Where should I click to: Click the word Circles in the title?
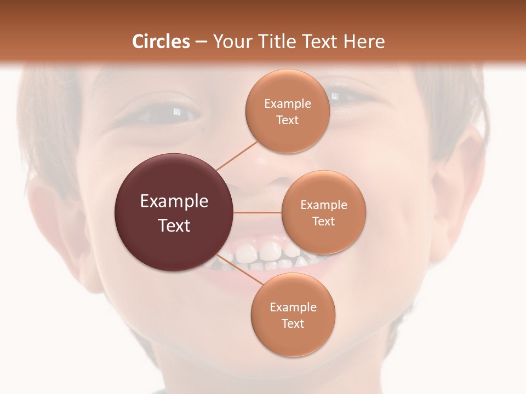pyautogui.click(x=161, y=42)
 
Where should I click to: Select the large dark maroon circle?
pyautogui.click(x=174, y=212)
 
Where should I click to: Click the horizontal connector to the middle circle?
pyautogui.click(x=257, y=212)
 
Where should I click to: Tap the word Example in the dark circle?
pyautogui.click(x=174, y=201)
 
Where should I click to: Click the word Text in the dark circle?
pyautogui.click(x=174, y=225)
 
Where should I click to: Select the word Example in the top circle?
pyautogui.click(x=287, y=103)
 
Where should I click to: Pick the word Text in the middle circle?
pyautogui.click(x=323, y=221)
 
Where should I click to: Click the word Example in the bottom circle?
pyautogui.click(x=293, y=307)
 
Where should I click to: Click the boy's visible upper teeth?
pyautogui.click(x=263, y=252)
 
